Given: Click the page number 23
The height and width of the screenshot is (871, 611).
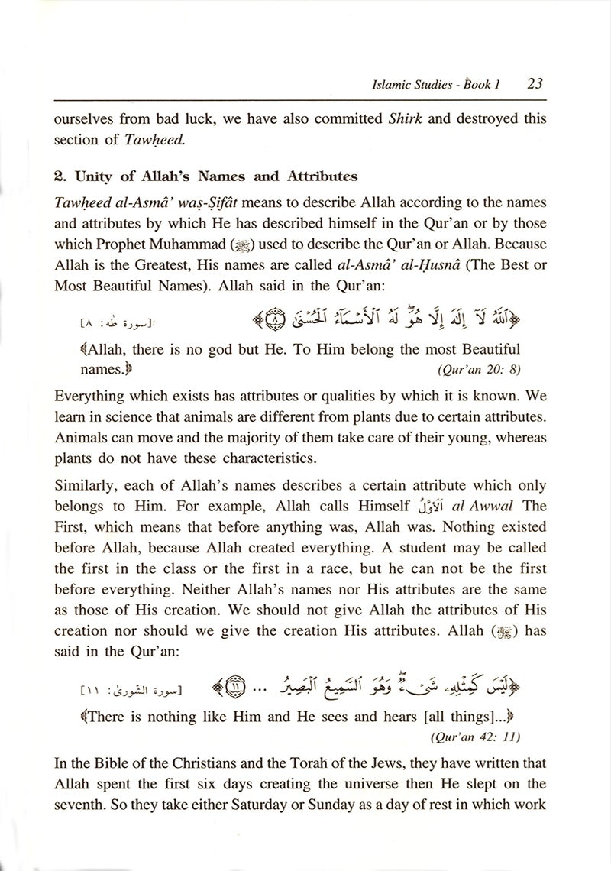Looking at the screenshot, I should (x=534, y=83).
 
